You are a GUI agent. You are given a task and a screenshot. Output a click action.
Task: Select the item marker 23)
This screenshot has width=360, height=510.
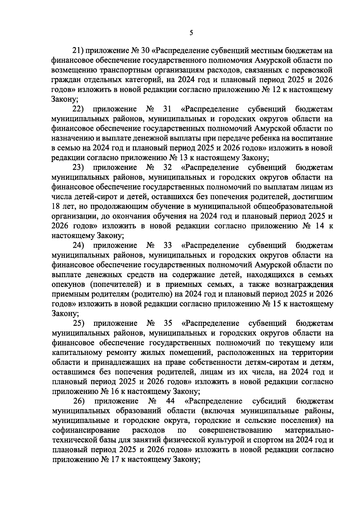pos(79,167)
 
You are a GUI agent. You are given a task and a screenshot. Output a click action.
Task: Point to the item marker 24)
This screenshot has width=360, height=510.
pos(79,245)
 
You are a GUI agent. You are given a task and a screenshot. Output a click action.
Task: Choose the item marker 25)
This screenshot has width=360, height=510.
pos(79,323)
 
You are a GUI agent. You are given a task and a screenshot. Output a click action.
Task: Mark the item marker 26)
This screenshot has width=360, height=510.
pos(79,401)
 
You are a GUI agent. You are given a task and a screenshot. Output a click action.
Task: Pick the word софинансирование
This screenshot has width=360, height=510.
pos(86,431)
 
